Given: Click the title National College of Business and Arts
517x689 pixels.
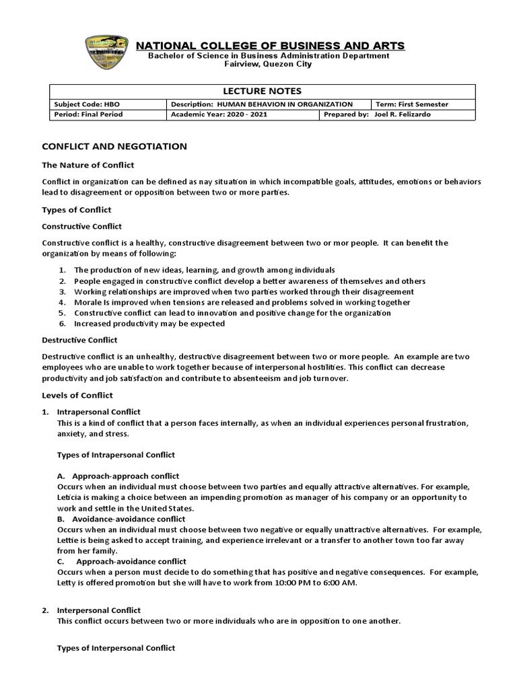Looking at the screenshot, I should click(x=271, y=46).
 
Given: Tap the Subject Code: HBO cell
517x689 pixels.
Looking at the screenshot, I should click(x=76, y=104).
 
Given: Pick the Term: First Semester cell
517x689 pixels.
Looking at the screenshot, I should click(x=412, y=104).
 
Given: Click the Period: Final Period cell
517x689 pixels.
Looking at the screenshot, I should click(x=83, y=114).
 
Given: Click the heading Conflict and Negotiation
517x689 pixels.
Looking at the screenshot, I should click(x=114, y=146).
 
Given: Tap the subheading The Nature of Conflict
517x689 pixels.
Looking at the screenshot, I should click(x=88, y=165).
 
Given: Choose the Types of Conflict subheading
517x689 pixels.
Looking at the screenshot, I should click(x=77, y=210).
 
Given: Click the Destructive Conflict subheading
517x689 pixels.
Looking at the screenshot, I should click(x=79, y=340).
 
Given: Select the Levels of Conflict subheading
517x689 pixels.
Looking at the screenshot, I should click(x=77, y=395).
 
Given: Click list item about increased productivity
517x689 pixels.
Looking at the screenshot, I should click(x=149, y=324).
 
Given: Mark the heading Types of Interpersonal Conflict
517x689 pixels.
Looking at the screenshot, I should click(x=116, y=648).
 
